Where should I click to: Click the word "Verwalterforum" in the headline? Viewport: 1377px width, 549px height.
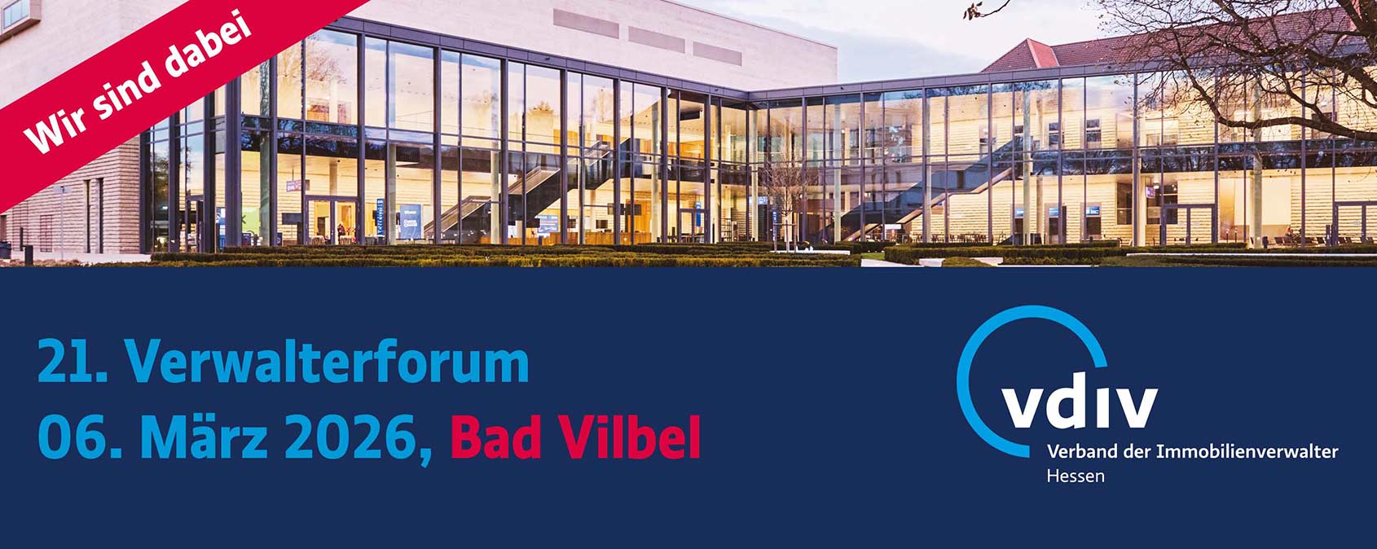(x=327, y=362)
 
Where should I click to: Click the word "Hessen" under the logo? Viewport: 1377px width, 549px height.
(x=1076, y=476)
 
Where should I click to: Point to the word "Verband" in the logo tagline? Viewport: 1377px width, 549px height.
(x=1083, y=452)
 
